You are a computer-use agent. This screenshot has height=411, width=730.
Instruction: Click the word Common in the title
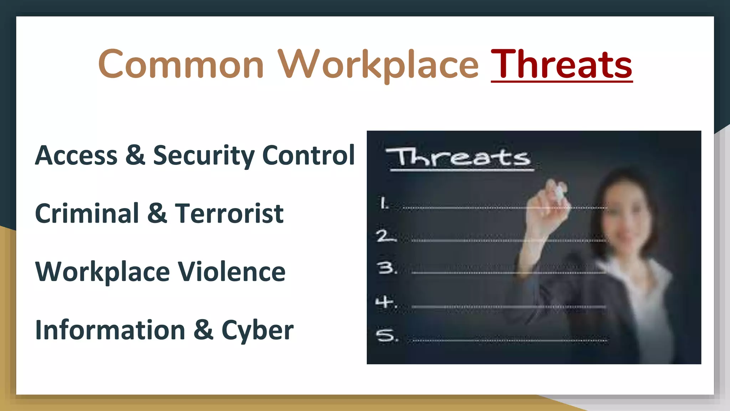coord(181,65)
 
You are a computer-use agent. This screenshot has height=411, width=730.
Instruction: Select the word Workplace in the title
coord(378,65)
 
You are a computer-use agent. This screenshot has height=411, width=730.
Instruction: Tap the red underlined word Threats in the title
coord(561,65)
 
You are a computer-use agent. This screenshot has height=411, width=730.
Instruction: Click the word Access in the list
coord(76,156)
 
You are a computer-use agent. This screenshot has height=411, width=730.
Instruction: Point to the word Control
coord(308,156)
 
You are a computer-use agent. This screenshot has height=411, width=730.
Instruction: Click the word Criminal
coord(87,214)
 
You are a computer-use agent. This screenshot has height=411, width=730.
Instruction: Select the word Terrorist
coord(229,214)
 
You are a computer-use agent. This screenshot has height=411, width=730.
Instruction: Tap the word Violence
coord(232,272)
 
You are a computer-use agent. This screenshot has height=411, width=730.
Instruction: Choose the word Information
coord(110,330)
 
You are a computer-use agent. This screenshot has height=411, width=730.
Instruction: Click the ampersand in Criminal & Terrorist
coord(157,214)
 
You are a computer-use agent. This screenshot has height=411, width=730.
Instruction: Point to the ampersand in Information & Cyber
coord(204,330)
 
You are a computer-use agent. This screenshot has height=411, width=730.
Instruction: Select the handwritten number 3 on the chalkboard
coord(387,268)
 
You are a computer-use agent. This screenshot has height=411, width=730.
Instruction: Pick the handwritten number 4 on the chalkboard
coord(386,302)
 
